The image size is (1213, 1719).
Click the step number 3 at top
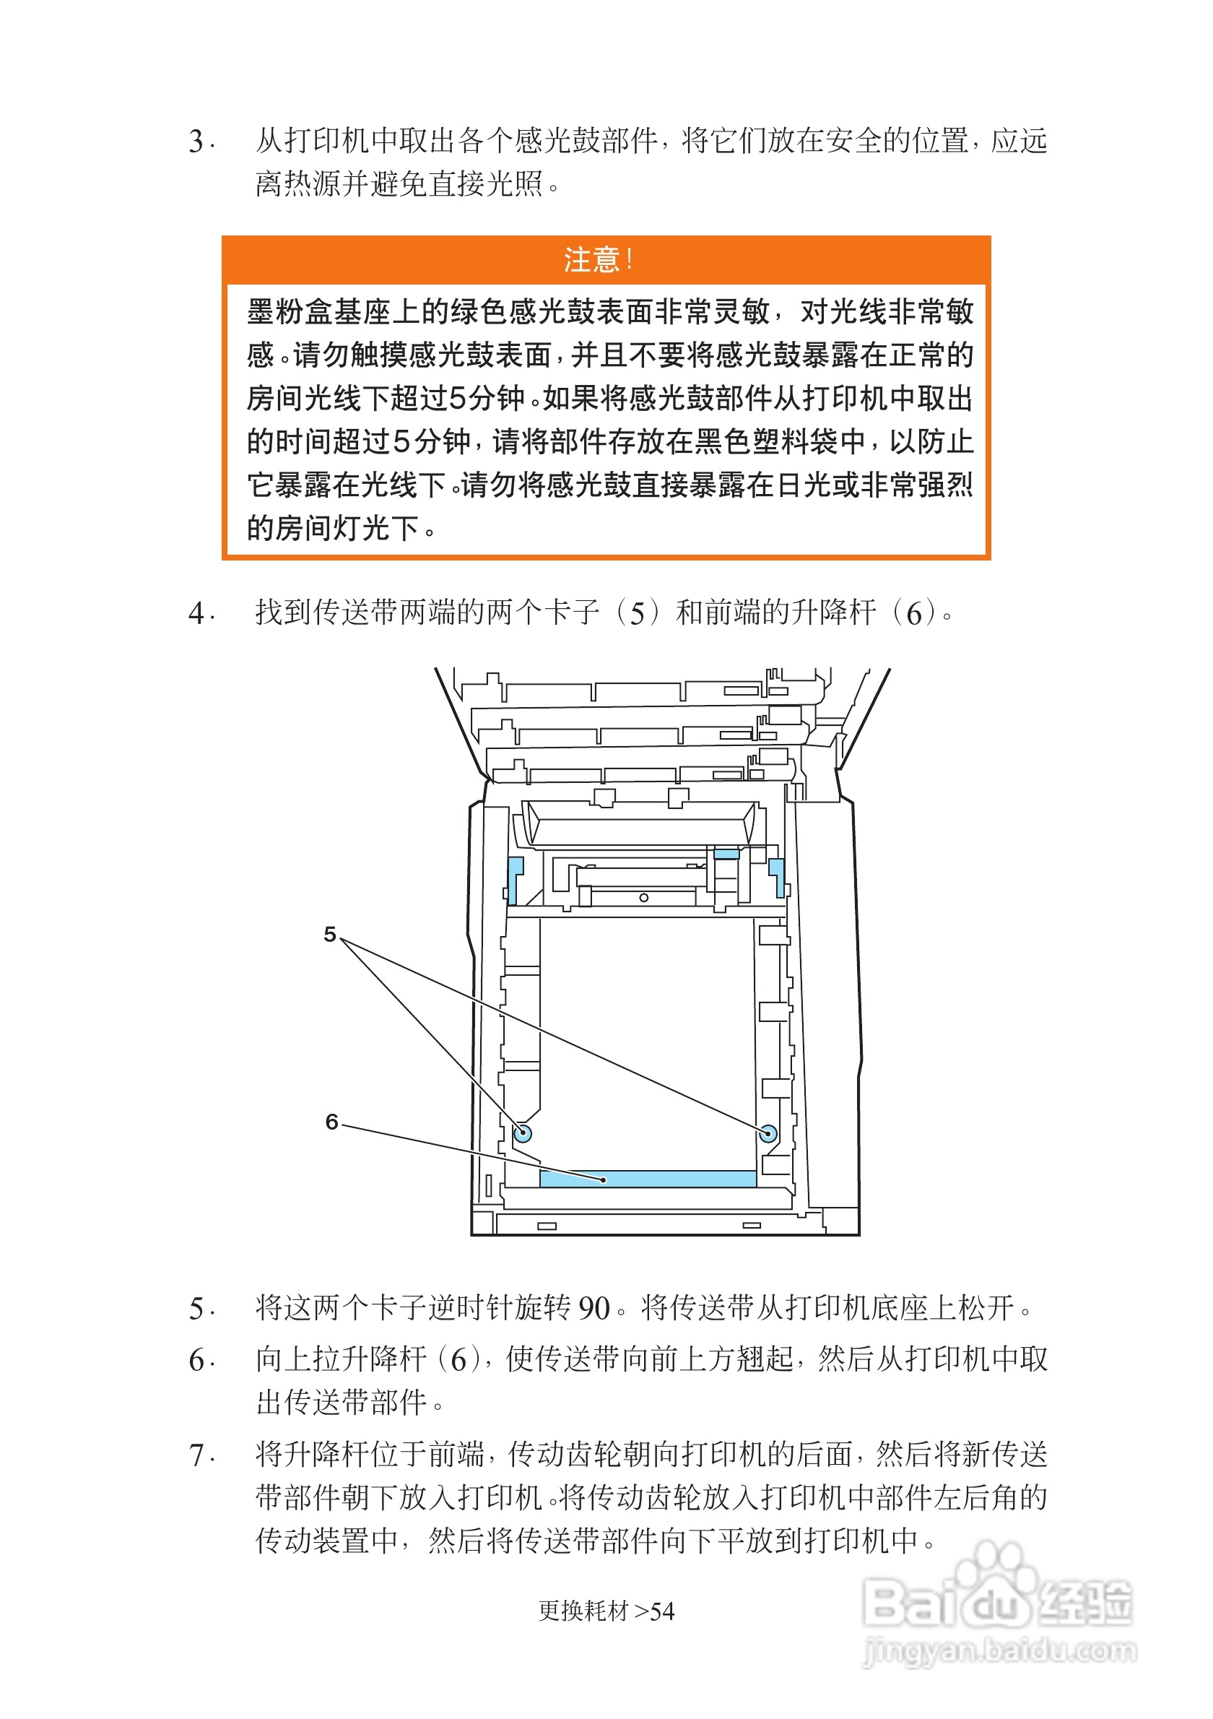(197, 142)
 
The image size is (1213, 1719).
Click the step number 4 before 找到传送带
(197, 614)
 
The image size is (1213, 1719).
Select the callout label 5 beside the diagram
(329, 934)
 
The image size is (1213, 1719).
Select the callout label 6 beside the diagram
(331, 1122)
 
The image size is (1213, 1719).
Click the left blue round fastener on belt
(522, 1133)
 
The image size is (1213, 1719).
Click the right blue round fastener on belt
(767, 1133)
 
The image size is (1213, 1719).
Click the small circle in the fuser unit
(643, 898)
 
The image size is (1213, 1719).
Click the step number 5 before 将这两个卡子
(197, 1309)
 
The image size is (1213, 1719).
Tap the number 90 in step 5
(594, 1309)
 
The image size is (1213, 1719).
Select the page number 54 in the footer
(662, 1612)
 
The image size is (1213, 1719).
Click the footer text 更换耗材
(583, 1611)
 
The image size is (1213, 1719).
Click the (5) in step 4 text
(638, 614)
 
